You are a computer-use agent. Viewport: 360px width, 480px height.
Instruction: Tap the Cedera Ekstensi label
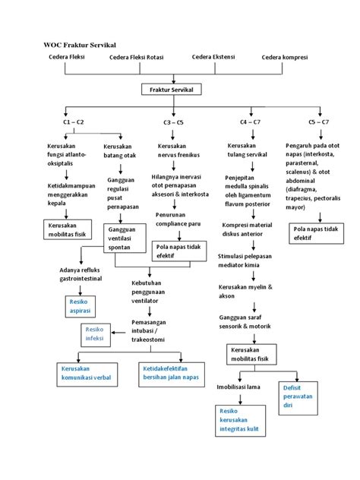(214, 57)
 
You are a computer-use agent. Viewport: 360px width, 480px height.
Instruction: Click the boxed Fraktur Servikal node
(173, 90)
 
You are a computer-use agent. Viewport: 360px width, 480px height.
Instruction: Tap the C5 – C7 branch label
(318, 122)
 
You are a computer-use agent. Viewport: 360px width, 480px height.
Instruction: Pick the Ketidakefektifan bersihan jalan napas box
(172, 373)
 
